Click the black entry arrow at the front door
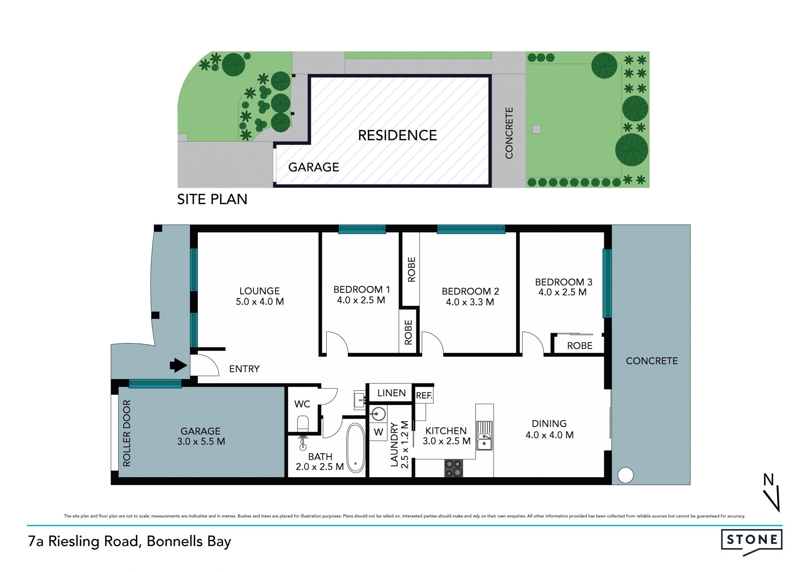[x=179, y=365]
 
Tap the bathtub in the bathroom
[x=356, y=448]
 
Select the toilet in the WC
[x=303, y=424]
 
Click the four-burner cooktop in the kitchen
[x=454, y=468]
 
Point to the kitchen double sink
[x=485, y=435]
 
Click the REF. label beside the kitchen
[x=424, y=396]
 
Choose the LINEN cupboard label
[x=391, y=393]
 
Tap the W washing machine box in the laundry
[x=378, y=432]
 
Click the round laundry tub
[x=378, y=414]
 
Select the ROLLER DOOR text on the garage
[x=126, y=433]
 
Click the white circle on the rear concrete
[x=626, y=475]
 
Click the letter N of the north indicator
[x=769, y=480]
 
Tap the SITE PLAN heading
[x=212, y=199]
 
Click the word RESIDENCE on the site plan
[x=397, y=135]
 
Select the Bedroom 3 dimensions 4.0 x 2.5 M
[x=563, y=293]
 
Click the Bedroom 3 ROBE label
[x=580, y=346]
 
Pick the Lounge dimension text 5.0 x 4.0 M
[x=260, y=302]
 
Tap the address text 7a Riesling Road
[x=83, y=541]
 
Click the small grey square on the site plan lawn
[x=536, y=129]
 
